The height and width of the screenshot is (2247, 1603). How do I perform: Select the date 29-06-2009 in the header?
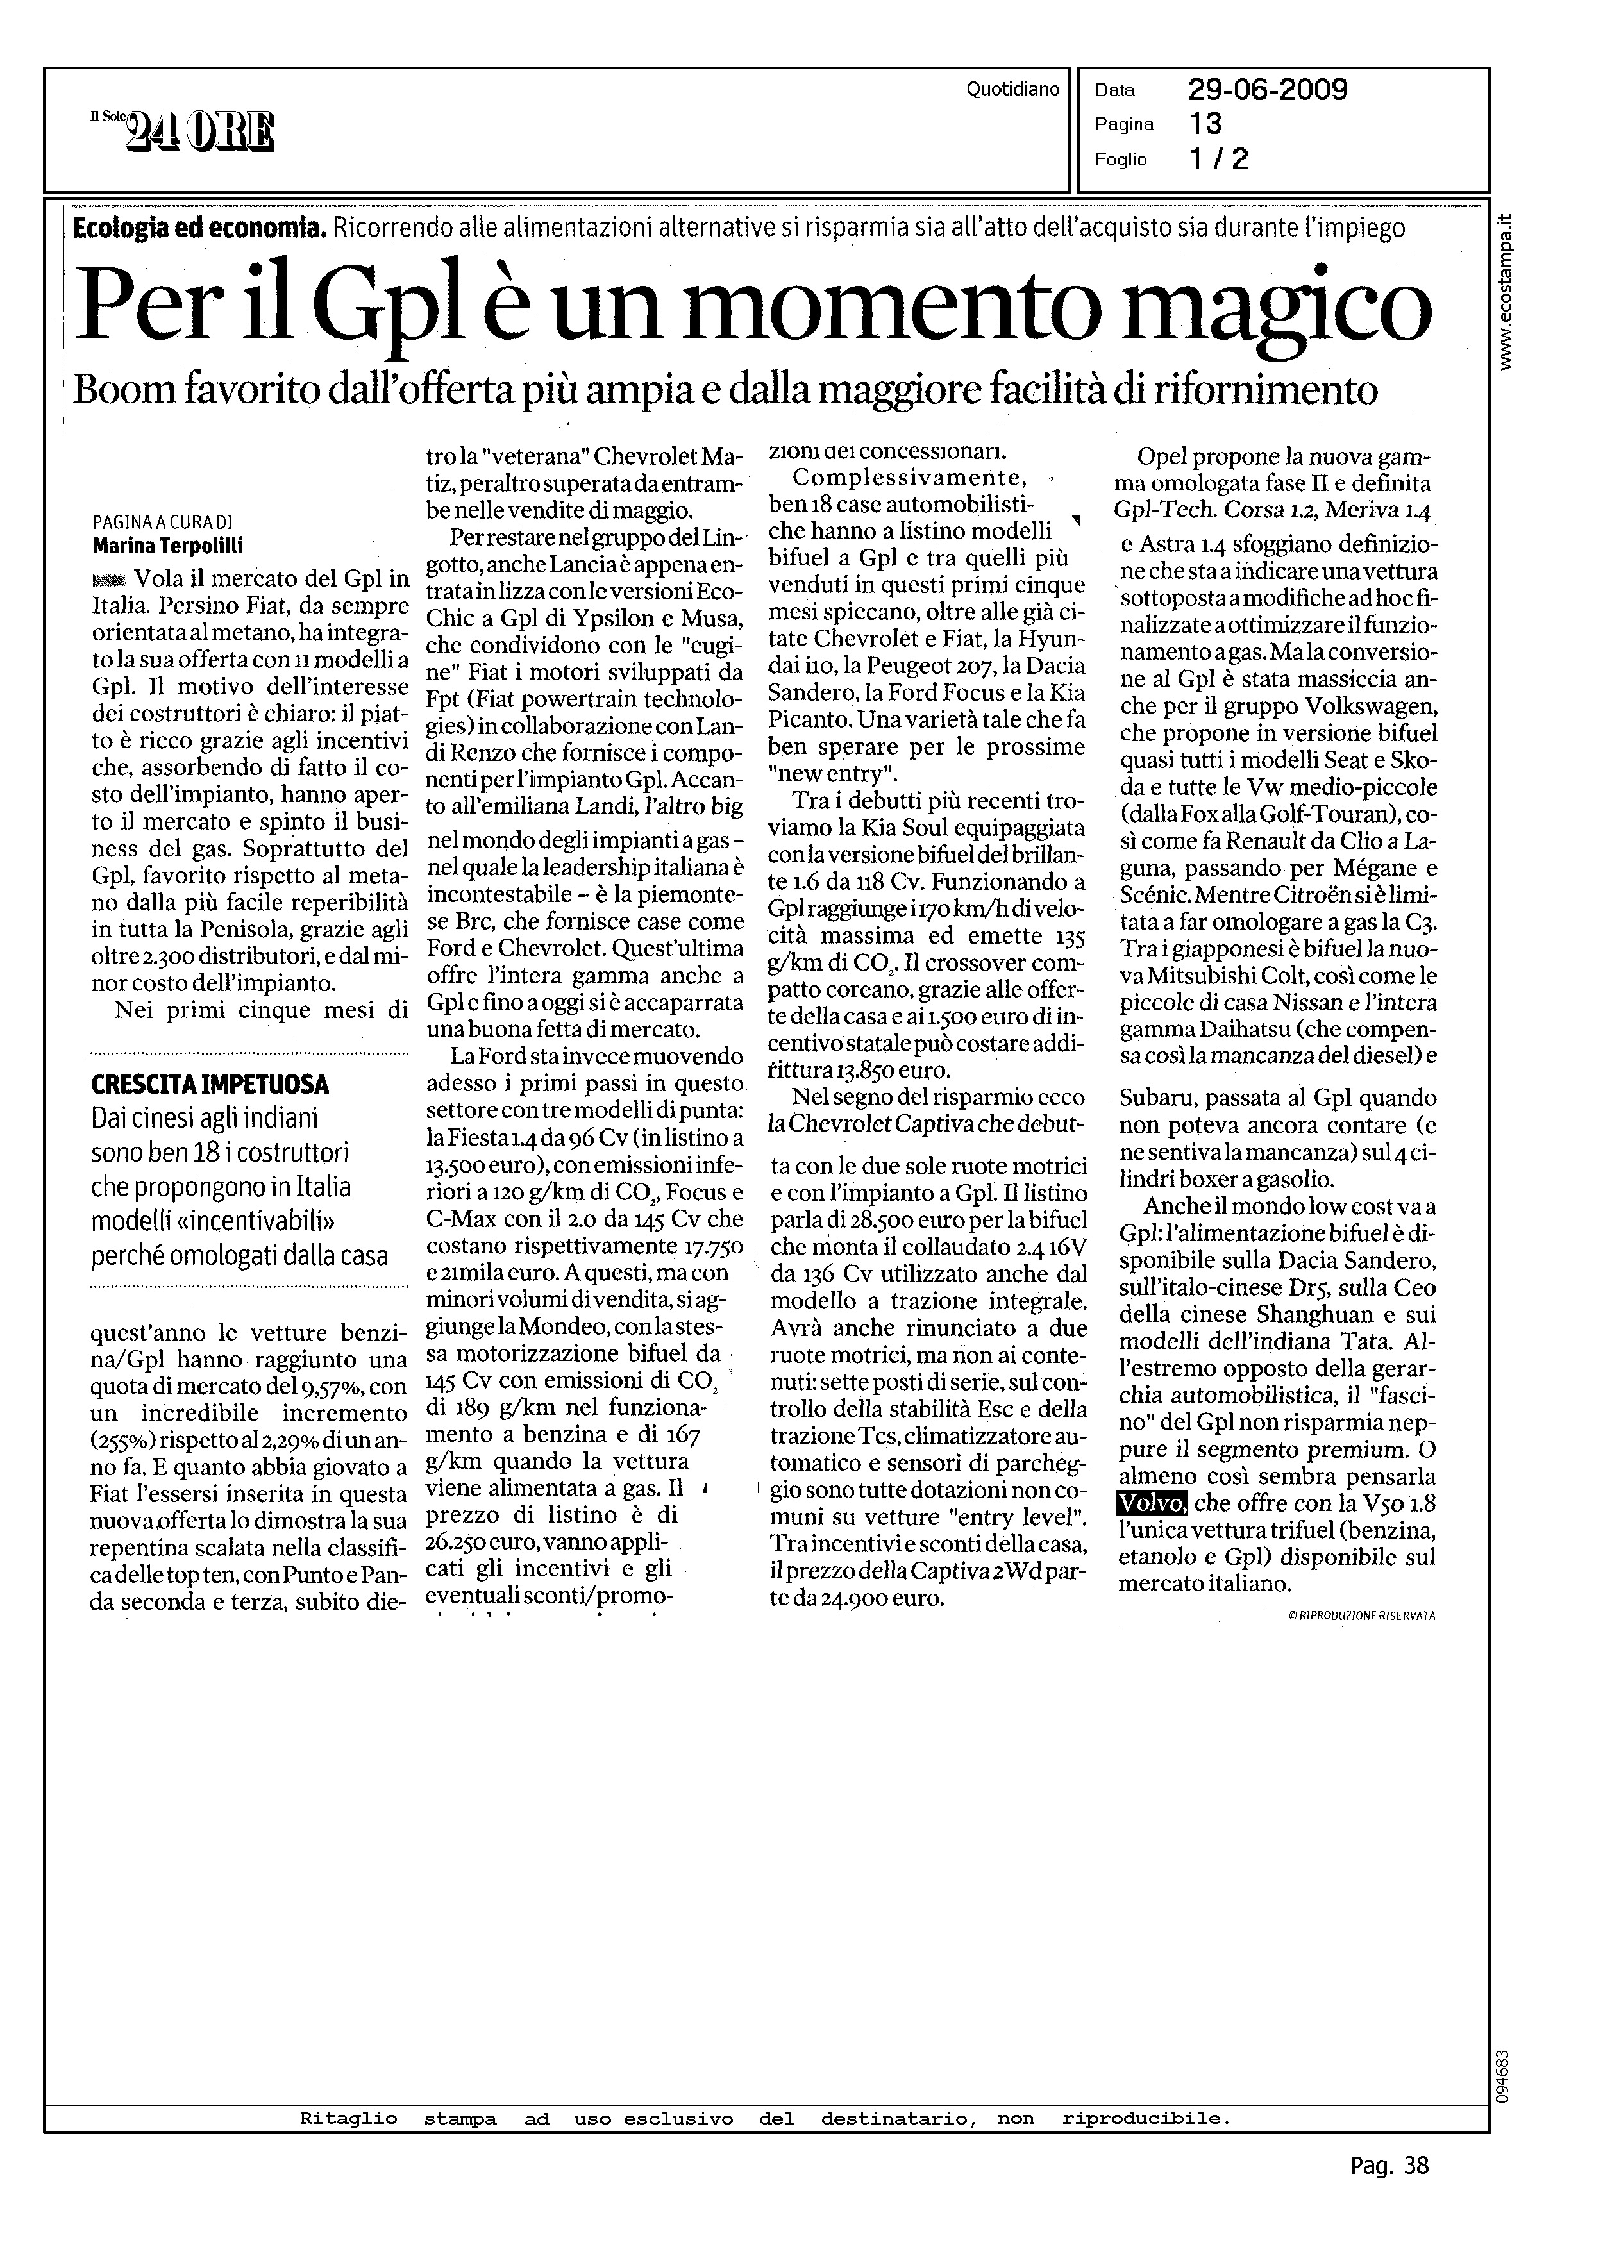click(1268, 91)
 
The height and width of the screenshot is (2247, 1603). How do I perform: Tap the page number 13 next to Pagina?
click(1205, 124)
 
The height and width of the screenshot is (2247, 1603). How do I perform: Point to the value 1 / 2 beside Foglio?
click(1218, 159)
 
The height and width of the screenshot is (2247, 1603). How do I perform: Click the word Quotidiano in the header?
click(1012, 90)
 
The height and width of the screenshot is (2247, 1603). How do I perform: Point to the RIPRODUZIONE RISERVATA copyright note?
click(1361, 1616)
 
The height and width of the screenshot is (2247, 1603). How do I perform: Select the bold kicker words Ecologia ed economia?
click(198, 229)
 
